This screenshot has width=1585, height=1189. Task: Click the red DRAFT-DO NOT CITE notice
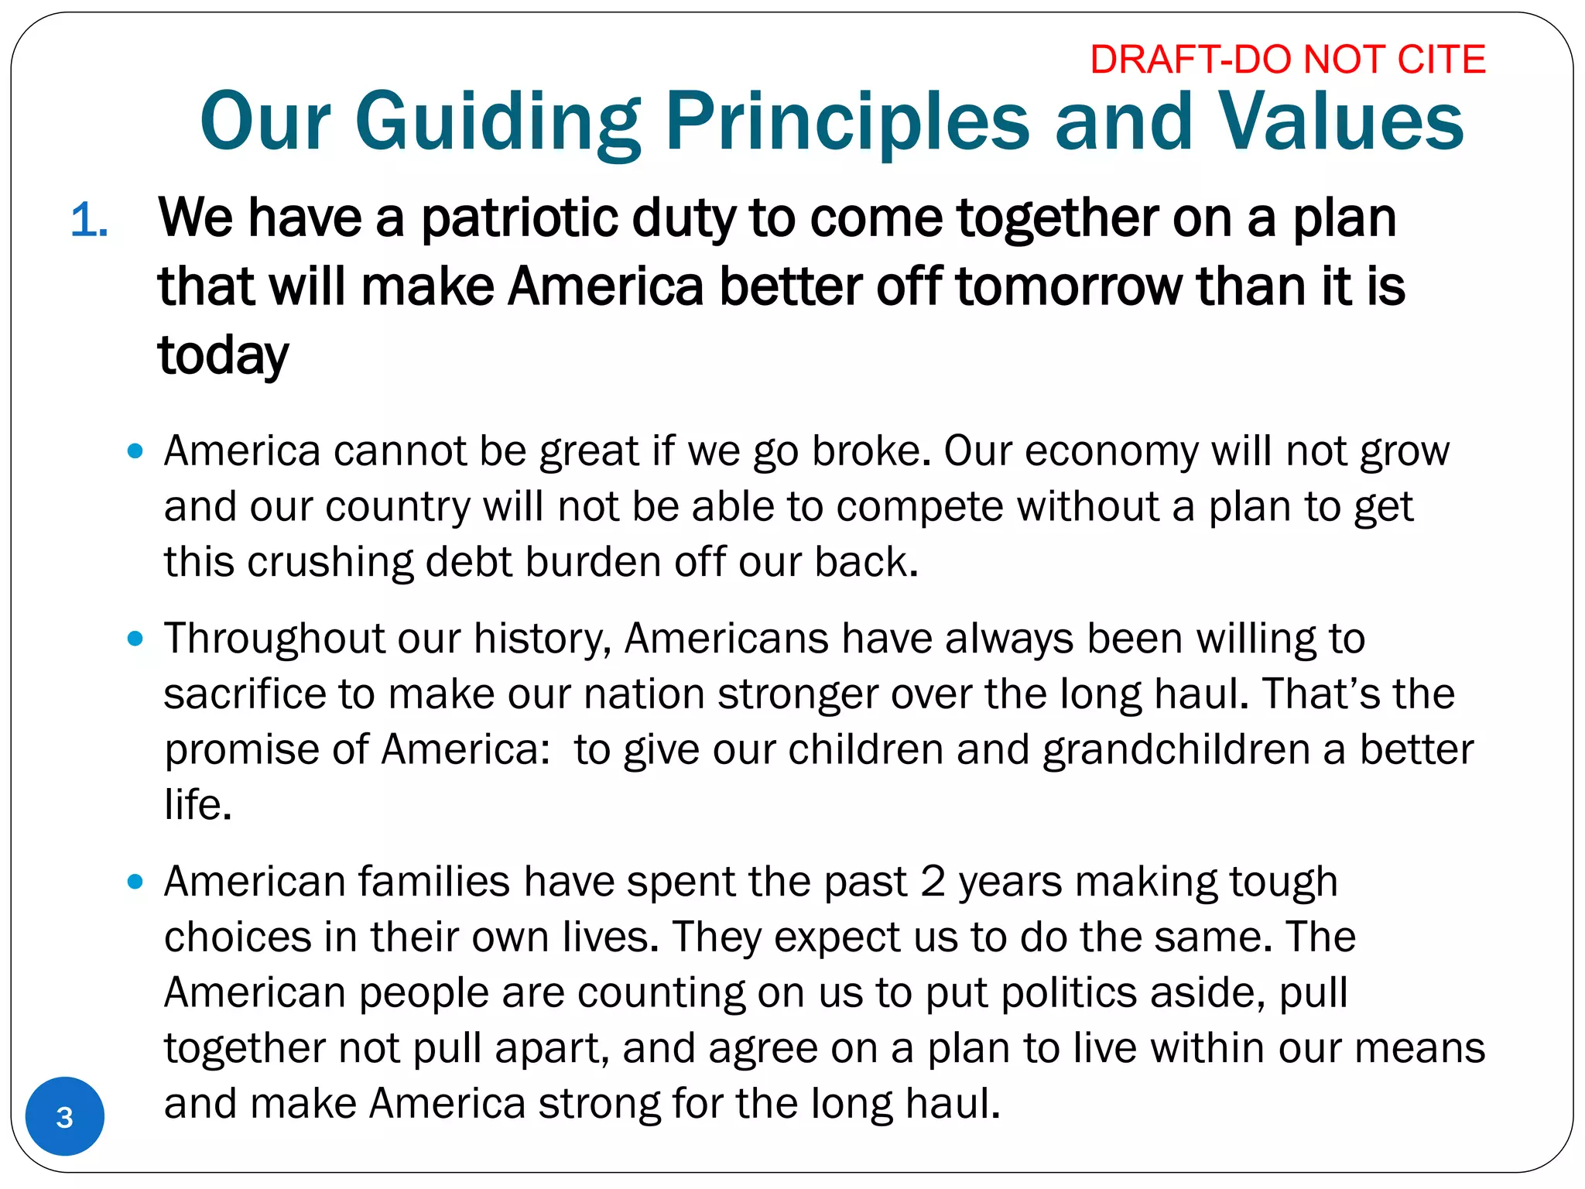pos(1287,60)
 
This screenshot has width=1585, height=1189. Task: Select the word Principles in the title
pos(847,122)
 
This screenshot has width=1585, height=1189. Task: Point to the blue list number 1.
pos(89,221)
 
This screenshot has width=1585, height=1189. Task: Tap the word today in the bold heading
pos(223,355)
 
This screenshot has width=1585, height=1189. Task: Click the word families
pos(434,882)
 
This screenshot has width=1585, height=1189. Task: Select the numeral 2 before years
pos(933,882)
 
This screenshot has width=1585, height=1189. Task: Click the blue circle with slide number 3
pos(65,1116)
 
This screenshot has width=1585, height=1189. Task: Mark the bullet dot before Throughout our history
pos(135,639)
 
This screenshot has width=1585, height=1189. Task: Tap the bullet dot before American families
pos(135,882)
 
